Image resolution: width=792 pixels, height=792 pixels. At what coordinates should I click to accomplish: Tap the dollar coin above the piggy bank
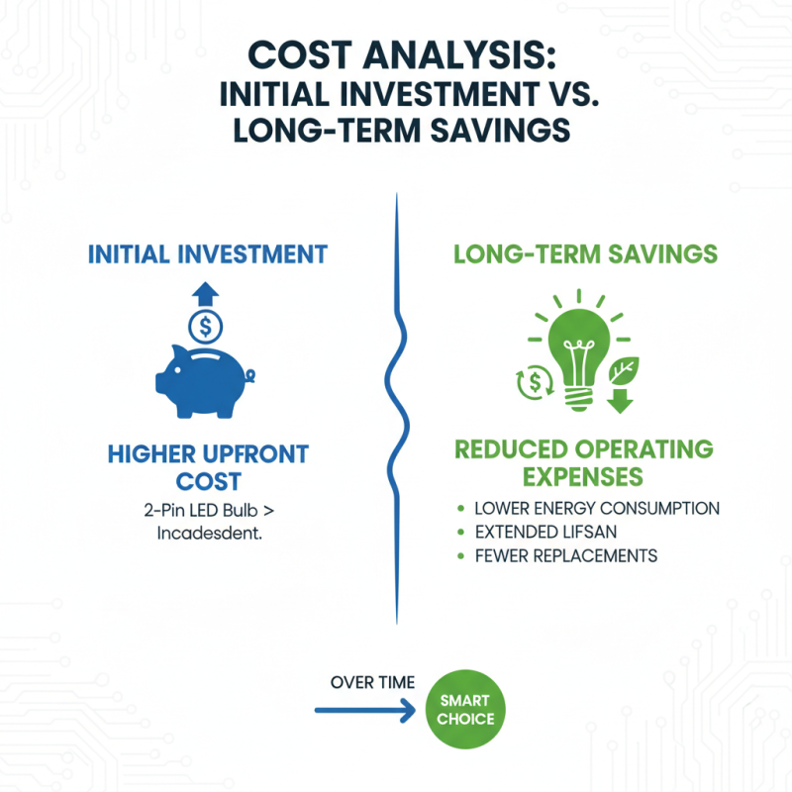coord(205,327)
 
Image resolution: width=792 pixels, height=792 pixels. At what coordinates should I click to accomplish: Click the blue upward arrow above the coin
coord(205,294)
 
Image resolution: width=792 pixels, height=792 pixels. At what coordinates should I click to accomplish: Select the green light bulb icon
coord(579,353)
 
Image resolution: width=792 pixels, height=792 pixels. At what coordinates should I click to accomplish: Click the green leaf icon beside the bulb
coord(624,370)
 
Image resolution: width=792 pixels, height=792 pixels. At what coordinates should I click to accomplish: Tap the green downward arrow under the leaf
coord(620,401)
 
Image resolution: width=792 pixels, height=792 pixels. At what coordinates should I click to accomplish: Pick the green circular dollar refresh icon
coord(535,382)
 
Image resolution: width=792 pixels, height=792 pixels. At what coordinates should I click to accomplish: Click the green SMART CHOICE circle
coord(465,709)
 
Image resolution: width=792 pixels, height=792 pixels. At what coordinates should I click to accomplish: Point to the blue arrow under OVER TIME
coord(364,710)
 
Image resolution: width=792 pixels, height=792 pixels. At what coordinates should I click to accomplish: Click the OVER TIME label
coord(373,682)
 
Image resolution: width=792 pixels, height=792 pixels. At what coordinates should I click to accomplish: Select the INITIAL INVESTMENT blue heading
coord(208,254)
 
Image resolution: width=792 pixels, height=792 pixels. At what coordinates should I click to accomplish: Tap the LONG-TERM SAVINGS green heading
coord(585,254)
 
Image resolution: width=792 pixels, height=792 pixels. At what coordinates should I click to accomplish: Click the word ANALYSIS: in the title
coord(459,55)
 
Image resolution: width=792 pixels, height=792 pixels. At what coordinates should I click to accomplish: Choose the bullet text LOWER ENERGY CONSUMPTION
coord(597,508)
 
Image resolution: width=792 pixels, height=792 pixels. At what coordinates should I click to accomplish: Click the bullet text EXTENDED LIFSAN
coord(546,532)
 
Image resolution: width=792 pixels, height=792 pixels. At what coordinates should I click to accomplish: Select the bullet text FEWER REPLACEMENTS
coord(566,555)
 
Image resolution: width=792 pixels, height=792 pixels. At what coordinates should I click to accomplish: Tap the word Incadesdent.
coord(210,533)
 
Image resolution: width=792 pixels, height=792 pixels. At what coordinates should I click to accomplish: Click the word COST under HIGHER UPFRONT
coord(208,481)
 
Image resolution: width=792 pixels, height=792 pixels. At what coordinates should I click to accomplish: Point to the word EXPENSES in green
coord(583,476)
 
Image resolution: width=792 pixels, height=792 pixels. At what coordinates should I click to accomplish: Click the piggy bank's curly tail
coord(249,376)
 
